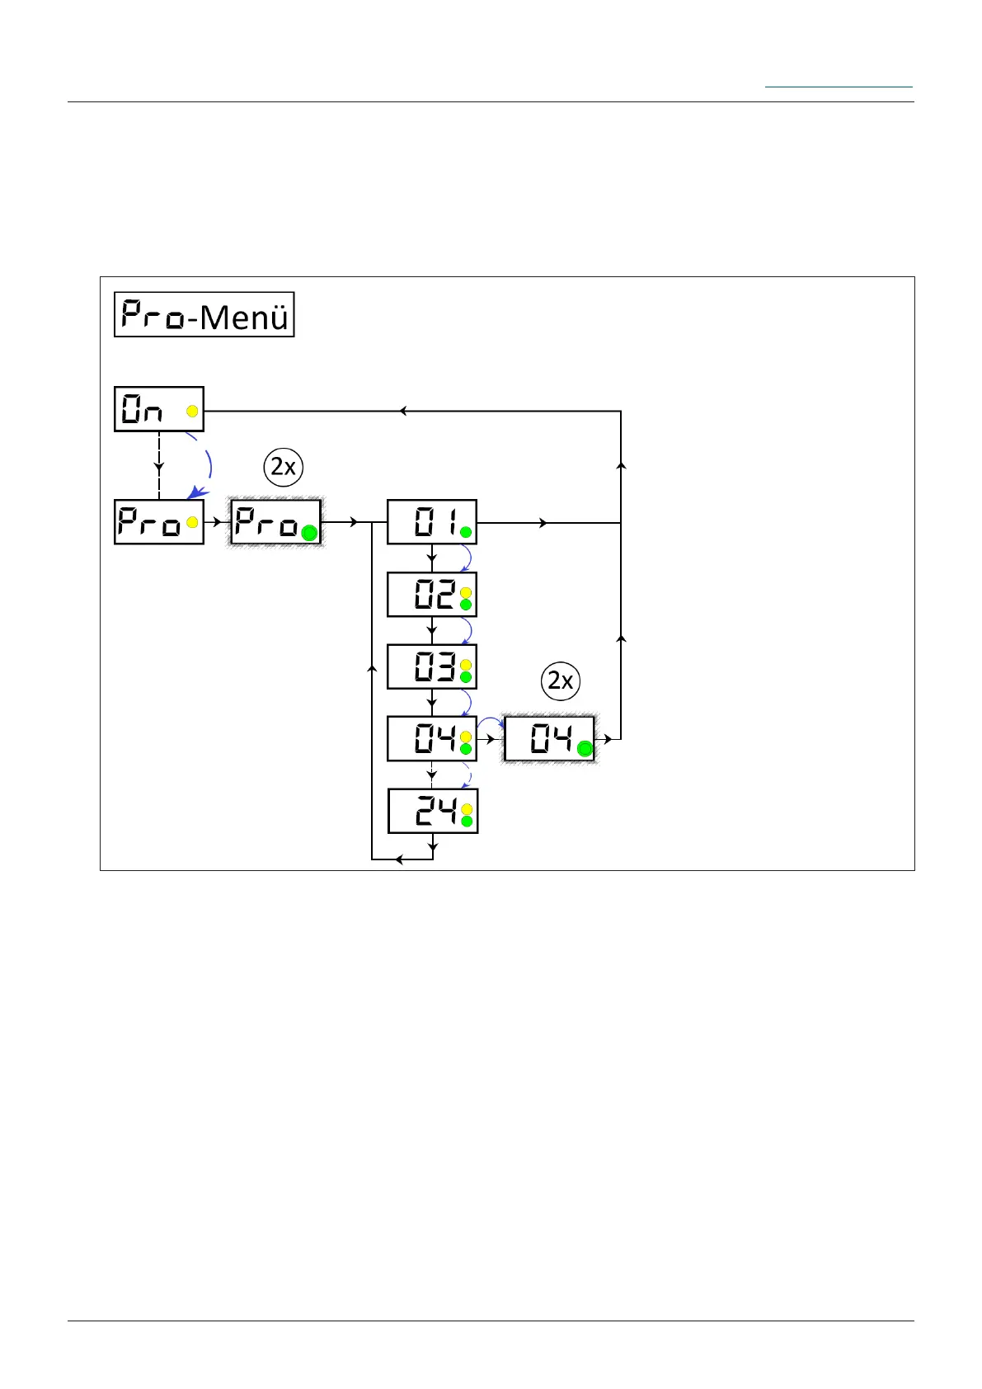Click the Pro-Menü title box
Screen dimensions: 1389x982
(x=204, y=314)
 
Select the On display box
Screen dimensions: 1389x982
(x=158, y=408)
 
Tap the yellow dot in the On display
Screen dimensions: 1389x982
(x=192, y=411)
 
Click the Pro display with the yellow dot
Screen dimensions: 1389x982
(x=158, y=522)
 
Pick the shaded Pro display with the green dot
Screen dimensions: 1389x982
(x=275, y=522)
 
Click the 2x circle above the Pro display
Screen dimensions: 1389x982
(x=284, y=468)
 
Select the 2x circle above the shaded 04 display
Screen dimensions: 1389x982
(x=561, y=681)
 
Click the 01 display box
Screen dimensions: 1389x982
(x=431, y=522)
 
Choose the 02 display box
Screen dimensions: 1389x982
(x=431, y=595)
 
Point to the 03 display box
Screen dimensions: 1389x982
(x=431, y=666)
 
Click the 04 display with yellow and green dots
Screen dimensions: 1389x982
(x=431, y=739)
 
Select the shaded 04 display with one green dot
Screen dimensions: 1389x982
(x=549, y=739)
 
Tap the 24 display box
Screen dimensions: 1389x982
(x=432, y=811)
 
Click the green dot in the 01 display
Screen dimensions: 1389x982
(x=465, y=532)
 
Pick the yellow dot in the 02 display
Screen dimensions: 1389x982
(x=465, y=592)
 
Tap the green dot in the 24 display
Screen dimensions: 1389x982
(x=466, y=821)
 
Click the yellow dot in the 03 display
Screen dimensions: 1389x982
(x=465, y=665)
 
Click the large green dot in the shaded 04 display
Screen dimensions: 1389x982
(x=584, y=749)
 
